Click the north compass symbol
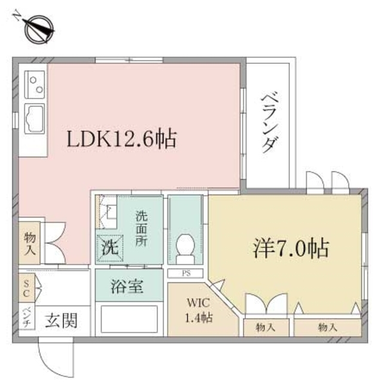(x=38, y=28)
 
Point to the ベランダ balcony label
(x=270, y=123)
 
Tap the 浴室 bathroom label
(x=127, y=288)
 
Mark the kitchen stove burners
(x=35, y=83)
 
